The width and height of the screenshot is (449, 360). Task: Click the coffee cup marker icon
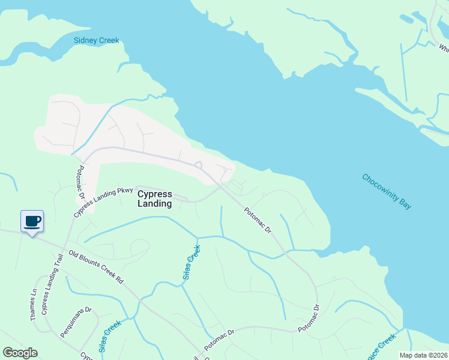pos(32,221)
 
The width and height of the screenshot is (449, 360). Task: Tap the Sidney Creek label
pos(96,41)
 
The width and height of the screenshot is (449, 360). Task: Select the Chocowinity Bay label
pos(387,191)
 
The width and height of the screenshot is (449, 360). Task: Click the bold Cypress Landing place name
pos(155,199)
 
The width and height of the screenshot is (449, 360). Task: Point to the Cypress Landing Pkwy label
pos(103,199)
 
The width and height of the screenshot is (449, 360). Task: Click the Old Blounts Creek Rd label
pos(95,267)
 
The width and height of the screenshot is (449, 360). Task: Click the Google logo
pos(20,353)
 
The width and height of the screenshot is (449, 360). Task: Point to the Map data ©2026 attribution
pos(423,355)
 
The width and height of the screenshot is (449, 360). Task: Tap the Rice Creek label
pos(382,346)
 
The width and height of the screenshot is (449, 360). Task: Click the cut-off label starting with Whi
pos(443,48)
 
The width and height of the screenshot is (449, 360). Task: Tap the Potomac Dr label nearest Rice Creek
pos(309,317)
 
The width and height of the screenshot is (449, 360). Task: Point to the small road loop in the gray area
pos(199,165)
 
